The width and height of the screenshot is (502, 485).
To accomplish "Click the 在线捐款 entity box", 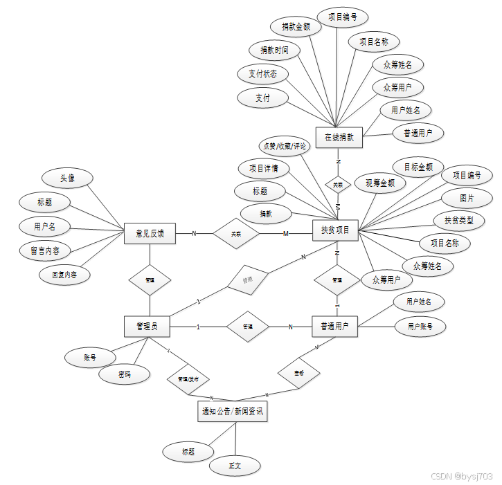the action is pos(339,137).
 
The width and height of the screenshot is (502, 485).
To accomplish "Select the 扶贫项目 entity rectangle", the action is pos(335,230).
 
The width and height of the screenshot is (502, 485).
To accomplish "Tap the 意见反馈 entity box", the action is pos(150,233).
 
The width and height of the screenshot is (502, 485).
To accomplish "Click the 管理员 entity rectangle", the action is pos(146,326).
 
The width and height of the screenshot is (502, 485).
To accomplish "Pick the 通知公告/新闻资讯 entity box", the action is pos(232,412).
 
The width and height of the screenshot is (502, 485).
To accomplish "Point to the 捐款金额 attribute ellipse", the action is pos(296,28).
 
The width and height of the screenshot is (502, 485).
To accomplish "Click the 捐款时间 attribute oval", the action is pos(274,50).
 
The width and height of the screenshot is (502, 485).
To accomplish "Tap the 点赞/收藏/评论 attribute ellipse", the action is pos(283,146).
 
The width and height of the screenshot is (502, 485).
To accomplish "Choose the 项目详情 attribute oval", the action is pos(263,167).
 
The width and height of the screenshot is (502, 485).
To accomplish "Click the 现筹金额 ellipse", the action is pos(379,183).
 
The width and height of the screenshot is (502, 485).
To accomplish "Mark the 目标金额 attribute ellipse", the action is pos(418,167).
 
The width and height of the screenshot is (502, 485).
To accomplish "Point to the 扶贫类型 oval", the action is pos(458,220).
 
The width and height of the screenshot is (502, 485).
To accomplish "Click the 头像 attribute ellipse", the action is pos(67,179).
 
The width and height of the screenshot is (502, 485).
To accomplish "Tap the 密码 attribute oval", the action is pos(124,375).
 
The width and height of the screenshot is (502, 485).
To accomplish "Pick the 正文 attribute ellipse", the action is pos(234,466).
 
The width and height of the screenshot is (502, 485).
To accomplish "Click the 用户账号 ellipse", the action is pos(420,326).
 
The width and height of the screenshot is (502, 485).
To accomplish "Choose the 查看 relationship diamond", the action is pos(298,373).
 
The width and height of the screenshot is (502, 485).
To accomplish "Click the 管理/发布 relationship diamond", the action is pos(188,379).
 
